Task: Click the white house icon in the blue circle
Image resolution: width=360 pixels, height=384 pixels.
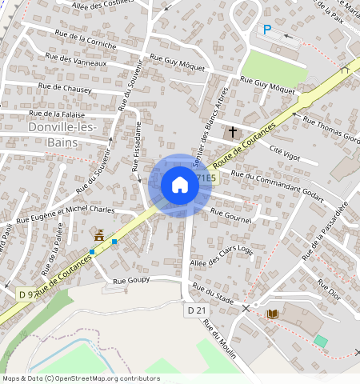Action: point(180,186)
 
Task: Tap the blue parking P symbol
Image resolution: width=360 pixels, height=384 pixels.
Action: point(267,30)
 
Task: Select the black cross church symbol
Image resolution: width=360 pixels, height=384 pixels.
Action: point(233,130)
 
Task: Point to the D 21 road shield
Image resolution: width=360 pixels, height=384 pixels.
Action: point(197,310)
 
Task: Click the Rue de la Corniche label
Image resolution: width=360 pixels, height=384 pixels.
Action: point(86,40)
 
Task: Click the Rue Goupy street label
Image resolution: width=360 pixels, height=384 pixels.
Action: point(132,282)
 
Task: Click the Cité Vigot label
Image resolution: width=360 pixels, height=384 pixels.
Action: point(286,152)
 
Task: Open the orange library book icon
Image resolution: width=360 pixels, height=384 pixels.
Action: point(273,314)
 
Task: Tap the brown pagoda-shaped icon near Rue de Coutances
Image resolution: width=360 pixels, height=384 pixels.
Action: point(100,236)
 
